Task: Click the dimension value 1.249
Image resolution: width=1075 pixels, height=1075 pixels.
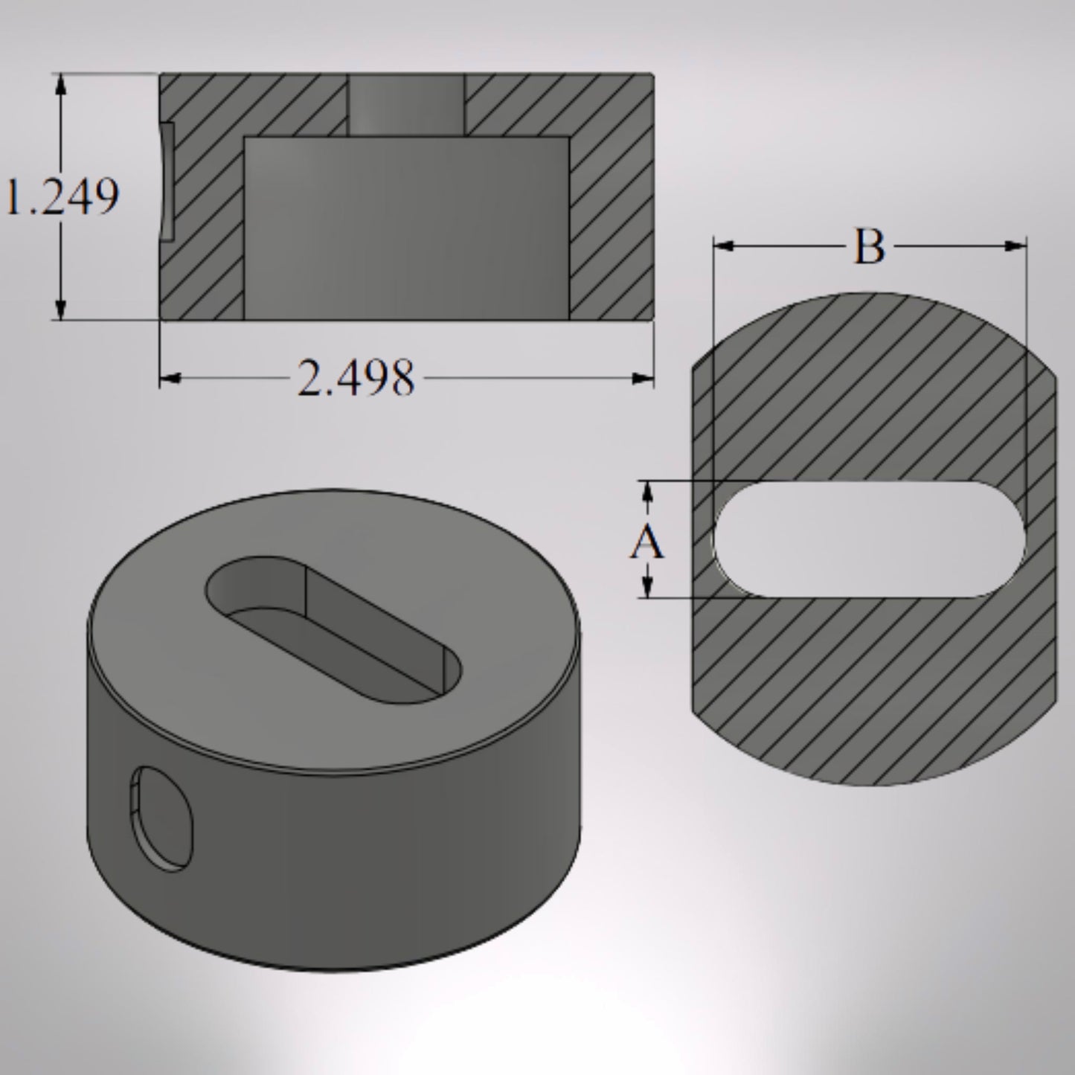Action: click(63, 198)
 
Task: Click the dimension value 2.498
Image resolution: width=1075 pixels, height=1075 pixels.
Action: click(356, 378)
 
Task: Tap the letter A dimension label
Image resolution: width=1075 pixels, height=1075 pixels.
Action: click(646, 542)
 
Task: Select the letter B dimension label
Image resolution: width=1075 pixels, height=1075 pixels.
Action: click(868, 247)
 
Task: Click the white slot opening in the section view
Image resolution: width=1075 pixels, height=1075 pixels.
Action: click(868, 539)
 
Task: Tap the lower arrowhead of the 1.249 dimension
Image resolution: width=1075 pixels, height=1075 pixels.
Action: click(61, 309)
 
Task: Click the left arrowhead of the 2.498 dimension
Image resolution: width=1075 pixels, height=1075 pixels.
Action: click(171, 379)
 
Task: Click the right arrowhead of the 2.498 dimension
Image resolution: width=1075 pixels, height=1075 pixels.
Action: click(642, 379)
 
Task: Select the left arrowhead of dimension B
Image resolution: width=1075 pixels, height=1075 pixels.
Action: click(725, 246)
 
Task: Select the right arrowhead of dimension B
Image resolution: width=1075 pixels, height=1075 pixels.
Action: click(1015, 246)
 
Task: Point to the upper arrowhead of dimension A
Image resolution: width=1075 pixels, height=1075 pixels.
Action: click(647, 492)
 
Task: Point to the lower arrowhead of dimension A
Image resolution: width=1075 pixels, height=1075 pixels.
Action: click(647, 587)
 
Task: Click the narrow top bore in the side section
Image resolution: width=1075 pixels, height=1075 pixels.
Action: click(406, 104)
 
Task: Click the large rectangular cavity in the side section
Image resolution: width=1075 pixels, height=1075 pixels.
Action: click(406, 228)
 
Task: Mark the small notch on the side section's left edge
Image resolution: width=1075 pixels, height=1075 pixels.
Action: click(167, 182)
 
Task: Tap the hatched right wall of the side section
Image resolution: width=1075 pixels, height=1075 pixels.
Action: click(610, 223)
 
